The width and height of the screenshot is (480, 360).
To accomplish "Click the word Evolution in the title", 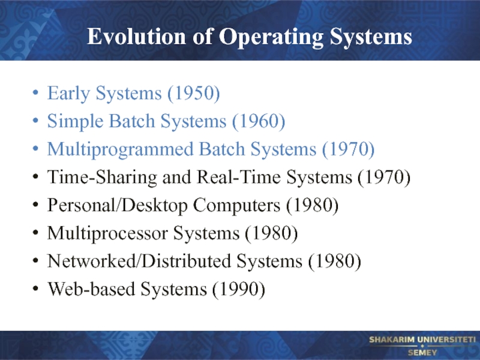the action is [x=137, y=37].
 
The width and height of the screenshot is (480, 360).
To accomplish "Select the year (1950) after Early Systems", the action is [x=193, y=93].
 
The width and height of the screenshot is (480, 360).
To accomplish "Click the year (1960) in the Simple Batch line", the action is [x=259, y=121].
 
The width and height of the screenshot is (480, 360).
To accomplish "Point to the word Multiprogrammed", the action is [x=121, y=149].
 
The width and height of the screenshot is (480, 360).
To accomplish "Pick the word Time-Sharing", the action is [x=102, y=178].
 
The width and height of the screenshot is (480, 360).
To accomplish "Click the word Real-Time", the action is [x=238, y=177].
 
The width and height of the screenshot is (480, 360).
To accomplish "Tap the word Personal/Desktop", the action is [x=117, y=205].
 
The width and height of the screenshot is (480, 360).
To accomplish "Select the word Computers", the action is [x=236, y=205].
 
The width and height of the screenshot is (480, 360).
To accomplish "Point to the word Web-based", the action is [x=91, y=289].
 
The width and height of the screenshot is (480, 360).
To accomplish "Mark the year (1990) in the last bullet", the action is [x=238, y=289].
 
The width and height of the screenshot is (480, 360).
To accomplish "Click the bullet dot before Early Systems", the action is [x=35, y=92].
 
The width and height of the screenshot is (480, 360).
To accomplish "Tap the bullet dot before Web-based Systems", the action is [x=35, y=289].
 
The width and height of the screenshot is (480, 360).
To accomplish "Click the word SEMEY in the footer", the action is [x=422, y=352].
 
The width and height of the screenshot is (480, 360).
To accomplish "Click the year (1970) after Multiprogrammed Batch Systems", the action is [x=349, y=149].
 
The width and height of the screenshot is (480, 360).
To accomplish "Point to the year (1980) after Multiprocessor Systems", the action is [x=271, y=233].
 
